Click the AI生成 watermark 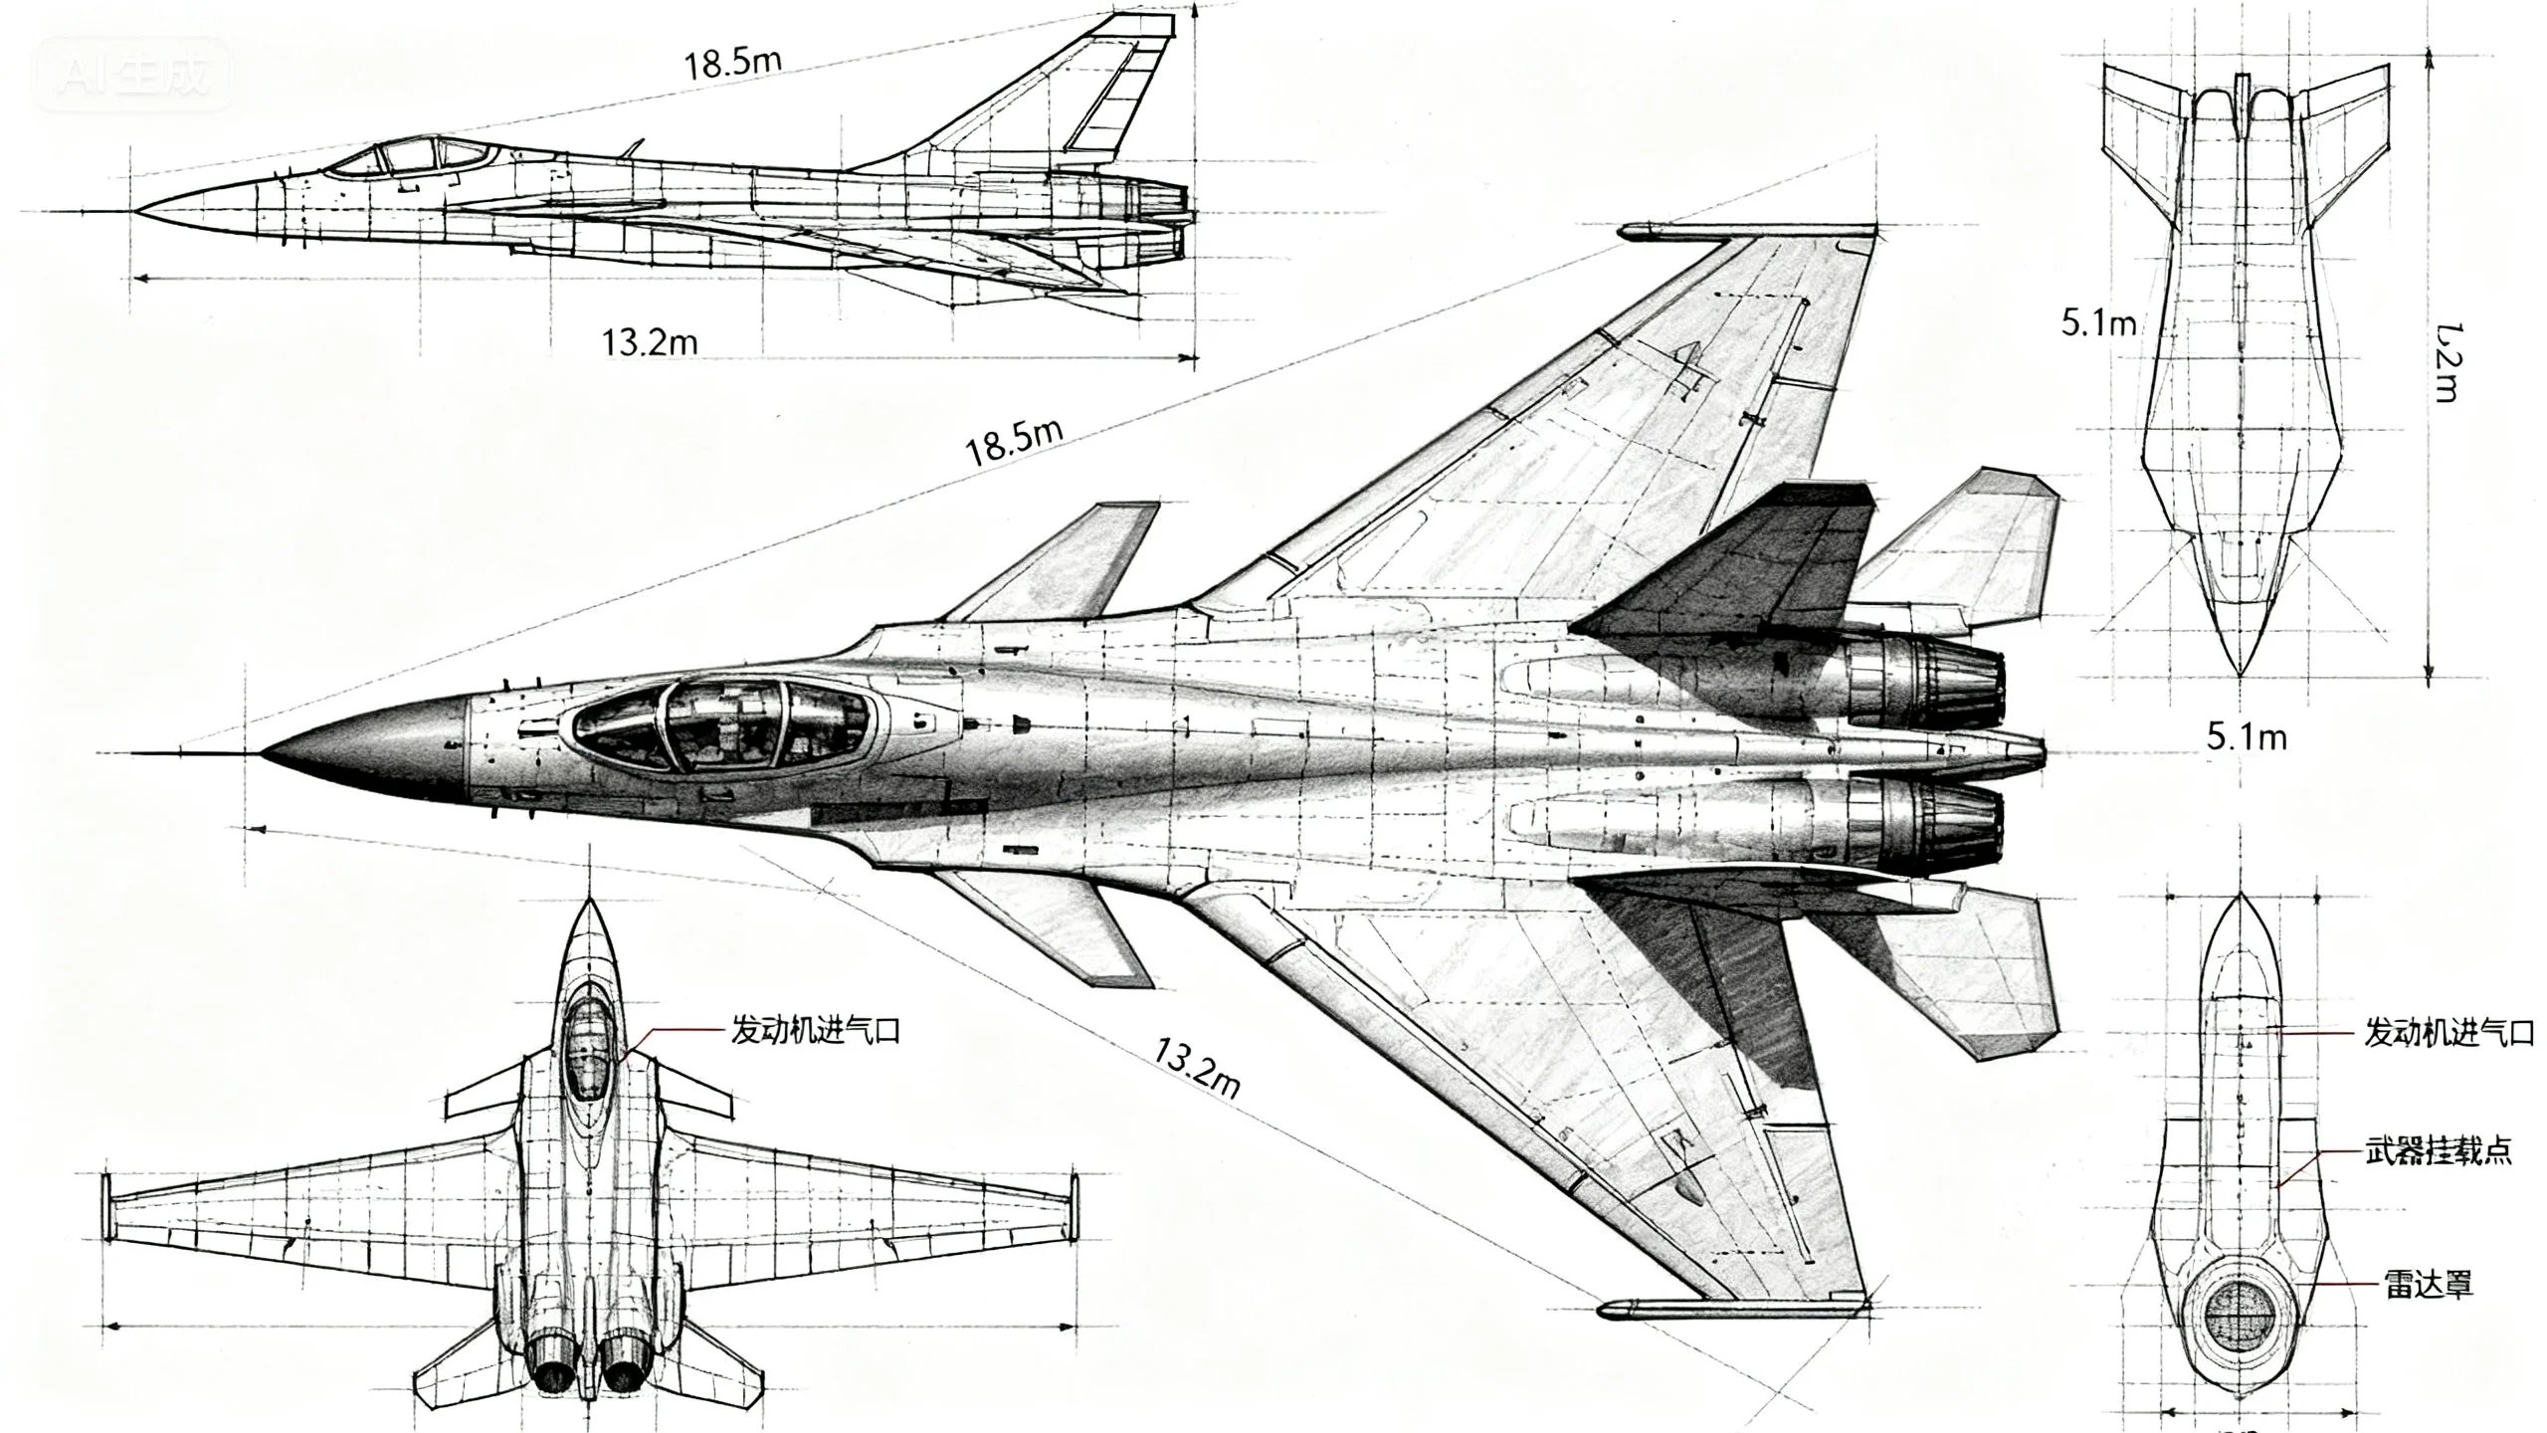(132, 74)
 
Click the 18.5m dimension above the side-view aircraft (731, 62)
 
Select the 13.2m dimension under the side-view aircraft (649, 341)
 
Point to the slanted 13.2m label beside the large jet (1197, 1067)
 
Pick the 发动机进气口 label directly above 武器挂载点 (2448, 1033)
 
